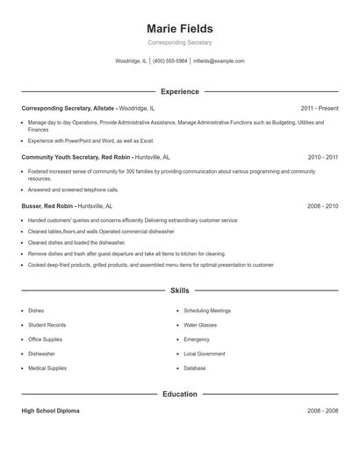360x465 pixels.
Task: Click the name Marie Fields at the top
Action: (x=179, y=29)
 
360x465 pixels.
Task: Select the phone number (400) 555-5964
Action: (x=170, y=61)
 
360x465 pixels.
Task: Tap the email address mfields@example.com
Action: (x=219, y=61)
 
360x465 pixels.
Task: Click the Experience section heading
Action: (x=179, y=91)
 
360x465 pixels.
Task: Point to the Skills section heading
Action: (x=179, y=290)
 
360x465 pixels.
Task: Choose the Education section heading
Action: (x=179, y=394)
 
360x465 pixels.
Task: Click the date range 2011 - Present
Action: (x=319, y=108)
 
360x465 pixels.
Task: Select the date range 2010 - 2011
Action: (x=322, y=157)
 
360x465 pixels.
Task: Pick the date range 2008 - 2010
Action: (x=322, y=206)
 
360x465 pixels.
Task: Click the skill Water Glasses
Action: (x=201, y=325)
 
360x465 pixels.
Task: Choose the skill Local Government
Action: (x=205, y=354)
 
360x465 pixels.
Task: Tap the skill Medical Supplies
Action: (x=47, y=368)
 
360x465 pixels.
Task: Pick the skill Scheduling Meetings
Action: (x=207, y=311)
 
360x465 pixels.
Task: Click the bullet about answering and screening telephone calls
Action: (x=73, y=190)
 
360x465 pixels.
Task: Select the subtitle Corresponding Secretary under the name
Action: (x=179, y=43)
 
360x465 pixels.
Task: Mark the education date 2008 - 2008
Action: (x=322, y=411)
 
